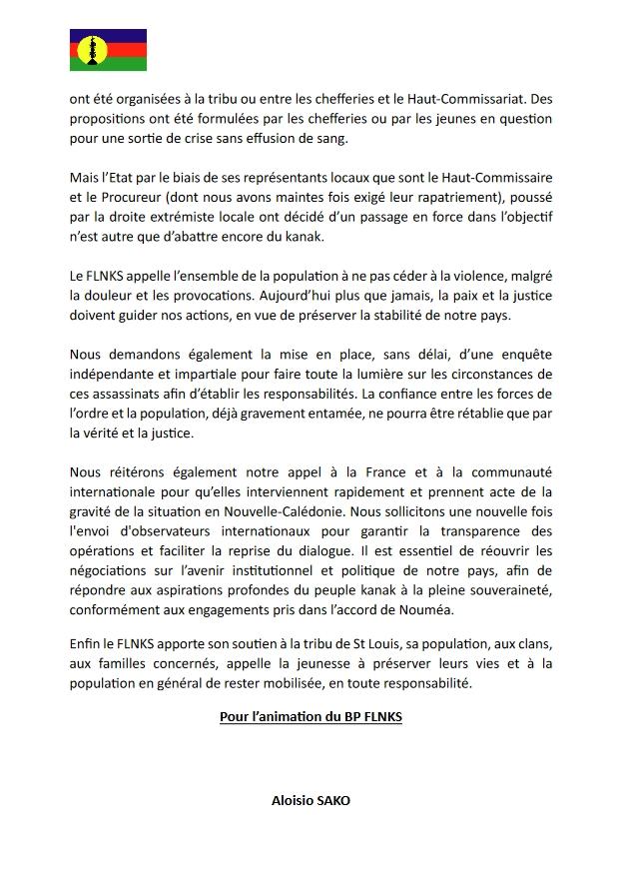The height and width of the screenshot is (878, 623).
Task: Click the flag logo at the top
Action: [108, 50]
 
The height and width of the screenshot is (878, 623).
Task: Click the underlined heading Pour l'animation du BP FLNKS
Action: [311, 716]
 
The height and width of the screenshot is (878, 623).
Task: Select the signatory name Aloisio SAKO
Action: [311, 801]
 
